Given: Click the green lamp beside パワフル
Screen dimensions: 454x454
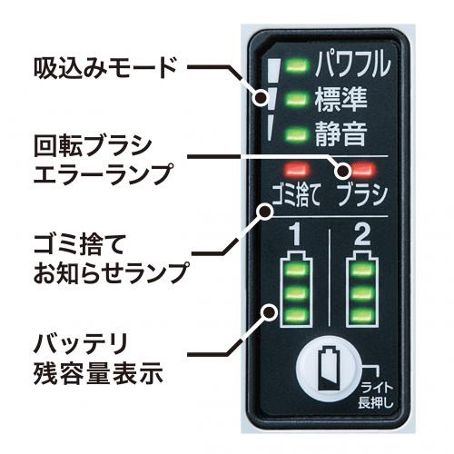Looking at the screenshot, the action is [x=298, y=65].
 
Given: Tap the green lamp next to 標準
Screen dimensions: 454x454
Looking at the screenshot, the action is [x=298, y=99].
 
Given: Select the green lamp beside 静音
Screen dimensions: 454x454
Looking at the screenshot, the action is [x=298, y=133].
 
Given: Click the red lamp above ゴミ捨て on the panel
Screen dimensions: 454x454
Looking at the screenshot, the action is [x=296, y=170].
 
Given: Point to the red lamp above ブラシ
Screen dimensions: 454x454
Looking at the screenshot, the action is [x=363, y=170].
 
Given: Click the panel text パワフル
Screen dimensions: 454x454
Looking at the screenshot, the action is [x=353, y=64].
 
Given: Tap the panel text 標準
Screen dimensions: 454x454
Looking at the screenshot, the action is [x=341, y=99].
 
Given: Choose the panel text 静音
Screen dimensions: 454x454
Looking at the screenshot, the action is [x=341, y=133].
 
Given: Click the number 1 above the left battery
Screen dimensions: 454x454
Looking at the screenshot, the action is [x=295, y=235].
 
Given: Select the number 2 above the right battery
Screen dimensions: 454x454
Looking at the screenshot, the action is [x=362, y=235].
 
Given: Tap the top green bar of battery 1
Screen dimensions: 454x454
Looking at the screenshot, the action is [x=296, y=270].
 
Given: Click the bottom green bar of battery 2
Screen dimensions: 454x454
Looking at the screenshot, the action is [x=362, y=316].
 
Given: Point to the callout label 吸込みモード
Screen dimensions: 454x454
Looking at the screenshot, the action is [x=105, y=68].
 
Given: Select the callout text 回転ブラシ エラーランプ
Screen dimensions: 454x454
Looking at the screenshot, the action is [x=104, y=161].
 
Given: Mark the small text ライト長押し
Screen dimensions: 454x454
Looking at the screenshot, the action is [x=376, y=395].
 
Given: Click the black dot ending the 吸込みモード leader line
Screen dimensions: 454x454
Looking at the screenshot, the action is [x=262, y=97].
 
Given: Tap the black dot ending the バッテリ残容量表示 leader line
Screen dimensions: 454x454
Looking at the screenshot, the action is [x=269, y=312].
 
